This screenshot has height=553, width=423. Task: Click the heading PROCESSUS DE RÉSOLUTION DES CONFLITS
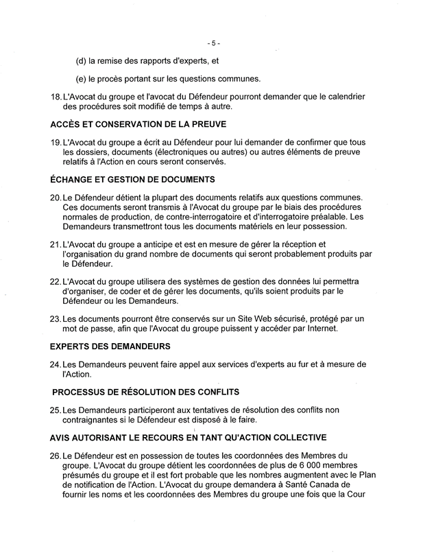pos(145,392)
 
